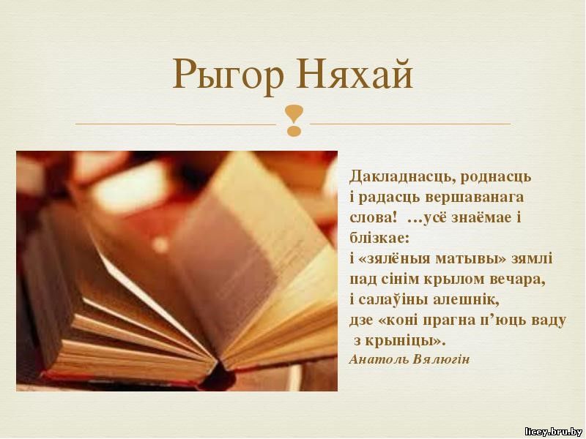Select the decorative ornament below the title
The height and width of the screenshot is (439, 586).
coord(294,120)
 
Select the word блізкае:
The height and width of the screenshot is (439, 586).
coord(379,238)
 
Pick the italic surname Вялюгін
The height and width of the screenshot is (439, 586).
coord(442,359)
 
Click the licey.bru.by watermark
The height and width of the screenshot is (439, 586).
coord(554,432)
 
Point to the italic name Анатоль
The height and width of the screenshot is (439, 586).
coord(379,359)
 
